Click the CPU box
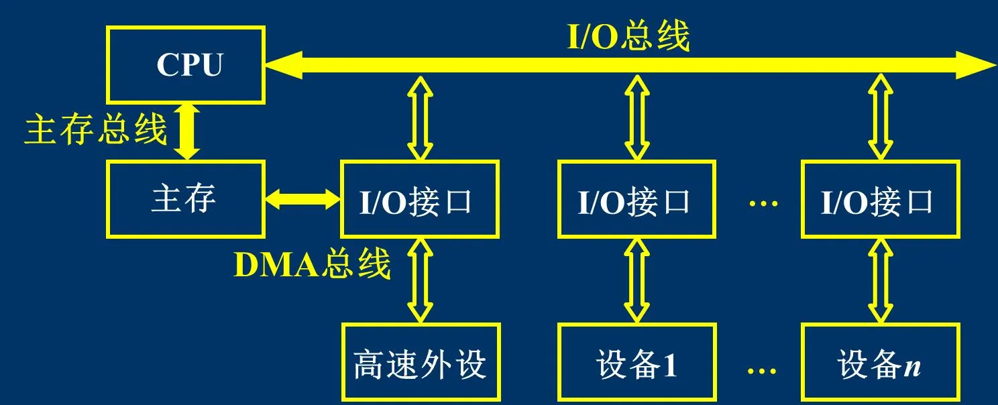click(185, 64)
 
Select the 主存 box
click(185, 199)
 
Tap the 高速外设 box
click(421, 362)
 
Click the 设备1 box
click(635, 362)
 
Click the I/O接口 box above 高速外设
click(419, 199)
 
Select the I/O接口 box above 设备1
click(635, 199)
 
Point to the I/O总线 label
click(628, 38)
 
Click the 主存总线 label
click(95, 130)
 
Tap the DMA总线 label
click(312, 266)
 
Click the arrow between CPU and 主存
click(187, 131)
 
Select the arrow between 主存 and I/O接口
click(302, 198)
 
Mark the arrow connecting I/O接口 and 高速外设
click(421, 280)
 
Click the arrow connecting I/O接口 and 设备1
click(636, 280)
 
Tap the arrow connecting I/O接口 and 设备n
click(880, 280)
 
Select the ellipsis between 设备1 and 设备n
click(763, 369)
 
